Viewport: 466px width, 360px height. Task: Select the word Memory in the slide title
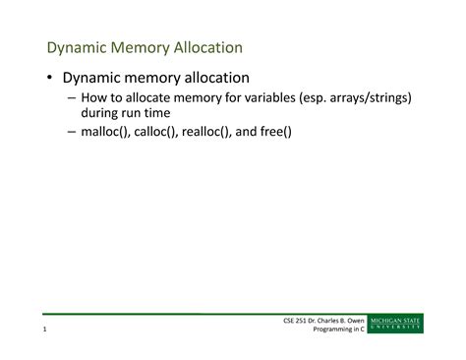pyautogui.click(x=148, y=47)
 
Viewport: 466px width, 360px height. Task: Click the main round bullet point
pyautogui.click(x=48, y=78)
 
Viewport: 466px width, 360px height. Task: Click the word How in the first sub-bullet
pyautogui.click(x=92, y=98)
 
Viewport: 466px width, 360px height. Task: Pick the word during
pyautogui.click(x=102, y=113)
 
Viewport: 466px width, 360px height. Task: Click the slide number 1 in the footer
pyautogui.click(x=45, y=329)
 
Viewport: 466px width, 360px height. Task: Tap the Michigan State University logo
pyautogui.click(x=396, y=324)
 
